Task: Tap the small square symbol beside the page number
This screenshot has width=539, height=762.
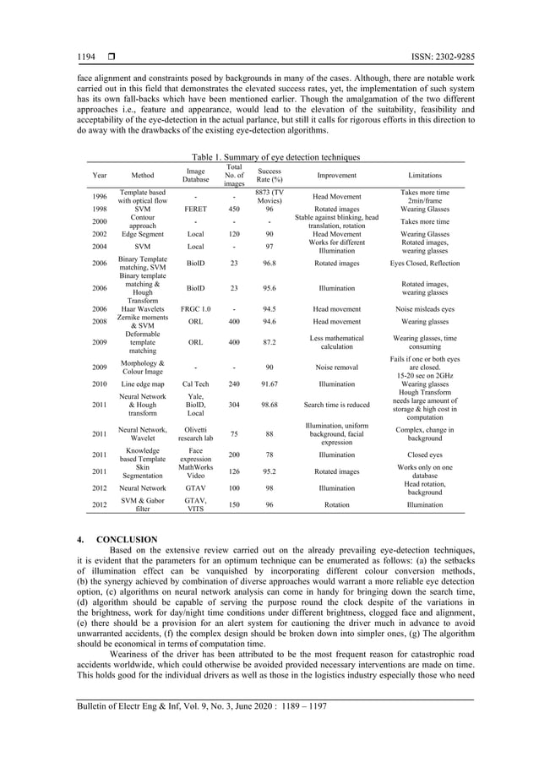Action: pyautogui.click(x=111, y=57)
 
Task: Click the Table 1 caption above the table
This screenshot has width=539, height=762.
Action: pyautogui.click(x=275, y=157)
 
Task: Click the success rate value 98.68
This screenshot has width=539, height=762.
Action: pyautogui.click(x=269, y=404)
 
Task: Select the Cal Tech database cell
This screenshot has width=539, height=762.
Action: pyautogui.click(x=195, y=382)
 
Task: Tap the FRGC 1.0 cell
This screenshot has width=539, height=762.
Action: pyautogui.click(x=195, y=310)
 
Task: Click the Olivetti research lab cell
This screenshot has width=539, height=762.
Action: pyautogui.click(x=195, y=434)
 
